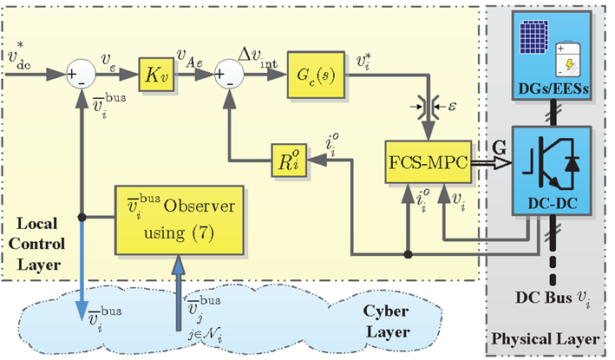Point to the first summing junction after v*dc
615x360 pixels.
81,74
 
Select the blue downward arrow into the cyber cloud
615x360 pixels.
81,286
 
